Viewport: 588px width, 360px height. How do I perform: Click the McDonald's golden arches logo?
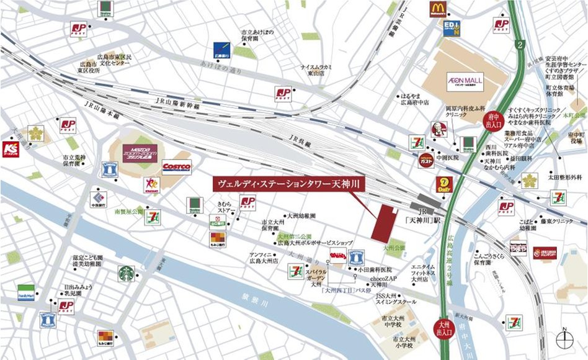[x=439, y=9]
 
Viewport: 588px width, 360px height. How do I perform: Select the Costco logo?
[x=177, y=167]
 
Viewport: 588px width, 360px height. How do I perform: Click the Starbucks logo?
[x=127, y=274]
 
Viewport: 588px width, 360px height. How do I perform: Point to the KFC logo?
[x=439, y=130]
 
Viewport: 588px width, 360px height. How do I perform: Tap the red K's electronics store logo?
[x=11, y=149]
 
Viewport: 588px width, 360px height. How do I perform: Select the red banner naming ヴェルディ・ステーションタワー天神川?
[x=288, y=184]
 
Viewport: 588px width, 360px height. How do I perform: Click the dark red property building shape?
[x=385, y=223]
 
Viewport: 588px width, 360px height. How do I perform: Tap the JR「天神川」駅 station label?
[x=426, y=217]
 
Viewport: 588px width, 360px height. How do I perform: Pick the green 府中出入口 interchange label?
[x=494, y=119]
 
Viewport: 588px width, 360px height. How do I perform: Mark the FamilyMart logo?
[x=26, y=292]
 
